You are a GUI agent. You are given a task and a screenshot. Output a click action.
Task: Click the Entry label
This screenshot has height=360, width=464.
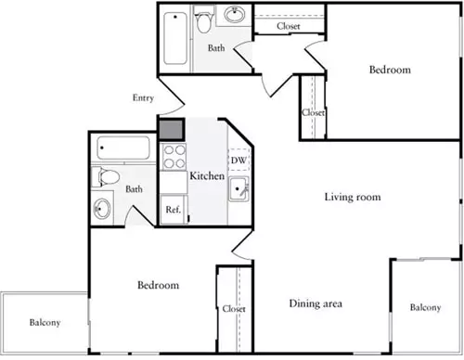[143, 97]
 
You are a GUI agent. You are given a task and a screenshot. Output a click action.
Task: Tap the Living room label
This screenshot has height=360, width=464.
[353, 197]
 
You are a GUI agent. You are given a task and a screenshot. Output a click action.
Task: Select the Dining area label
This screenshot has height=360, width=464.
[316, 303]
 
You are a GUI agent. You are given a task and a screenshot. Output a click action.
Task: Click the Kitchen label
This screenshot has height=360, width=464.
[207, 175]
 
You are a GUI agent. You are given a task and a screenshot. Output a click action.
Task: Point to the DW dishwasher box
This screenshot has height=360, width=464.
[238, 160]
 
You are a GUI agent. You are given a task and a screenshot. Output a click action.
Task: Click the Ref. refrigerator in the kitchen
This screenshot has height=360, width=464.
[173, 210]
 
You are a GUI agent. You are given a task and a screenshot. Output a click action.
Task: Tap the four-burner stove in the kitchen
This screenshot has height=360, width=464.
[174, 157]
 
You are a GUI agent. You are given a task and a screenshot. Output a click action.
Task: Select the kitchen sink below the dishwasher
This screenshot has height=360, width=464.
[238, 189]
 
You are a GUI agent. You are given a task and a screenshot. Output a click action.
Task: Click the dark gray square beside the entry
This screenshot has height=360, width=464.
[171, 130]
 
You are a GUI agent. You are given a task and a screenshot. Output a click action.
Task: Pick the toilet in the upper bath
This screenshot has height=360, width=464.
[202, 19]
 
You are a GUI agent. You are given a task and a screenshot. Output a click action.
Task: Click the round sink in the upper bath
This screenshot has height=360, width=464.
[234, 14]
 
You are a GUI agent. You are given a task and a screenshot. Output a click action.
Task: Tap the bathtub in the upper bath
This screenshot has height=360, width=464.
[175, 38]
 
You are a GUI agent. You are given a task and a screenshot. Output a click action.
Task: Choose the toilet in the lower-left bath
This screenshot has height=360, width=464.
[106, 177]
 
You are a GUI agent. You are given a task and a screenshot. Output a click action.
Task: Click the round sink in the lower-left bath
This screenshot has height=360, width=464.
[102, 209]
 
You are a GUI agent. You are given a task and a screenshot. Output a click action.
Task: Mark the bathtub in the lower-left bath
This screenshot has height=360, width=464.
[123, 148]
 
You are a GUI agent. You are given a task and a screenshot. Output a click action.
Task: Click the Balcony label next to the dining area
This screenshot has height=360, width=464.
[425, 307]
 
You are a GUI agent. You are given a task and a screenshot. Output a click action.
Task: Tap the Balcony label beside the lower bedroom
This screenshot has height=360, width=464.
[45, 323]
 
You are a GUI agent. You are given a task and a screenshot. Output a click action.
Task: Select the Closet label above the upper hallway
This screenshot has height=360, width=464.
[289, 26]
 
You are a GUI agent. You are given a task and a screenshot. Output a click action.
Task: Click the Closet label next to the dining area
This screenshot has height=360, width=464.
[234, 309]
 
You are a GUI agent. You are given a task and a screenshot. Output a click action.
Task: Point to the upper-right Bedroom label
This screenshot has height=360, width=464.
[390, 70]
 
